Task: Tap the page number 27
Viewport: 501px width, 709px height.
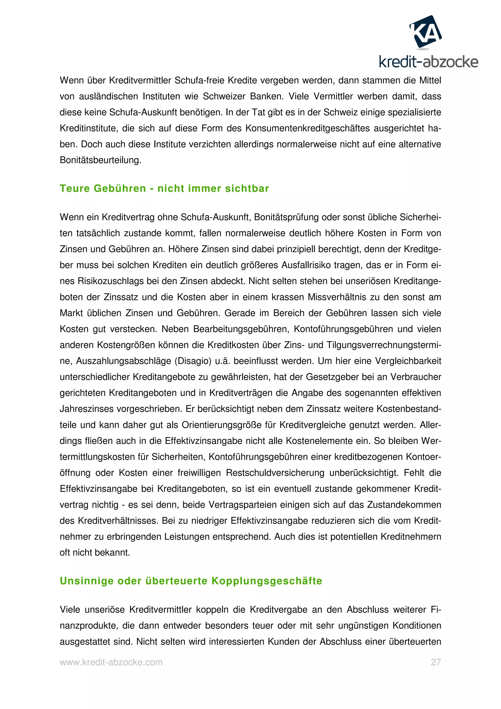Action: [435, 662]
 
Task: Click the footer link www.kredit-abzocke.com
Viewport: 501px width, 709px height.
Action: [111, 662]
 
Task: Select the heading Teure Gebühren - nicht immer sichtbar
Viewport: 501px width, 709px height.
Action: [164, 188]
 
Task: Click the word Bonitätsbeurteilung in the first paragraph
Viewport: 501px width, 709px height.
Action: [100, 160]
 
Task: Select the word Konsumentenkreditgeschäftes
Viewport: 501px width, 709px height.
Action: [307, 128]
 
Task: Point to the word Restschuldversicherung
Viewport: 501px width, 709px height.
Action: [275, 473]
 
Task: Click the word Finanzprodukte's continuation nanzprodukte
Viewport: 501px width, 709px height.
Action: [89, 626]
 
